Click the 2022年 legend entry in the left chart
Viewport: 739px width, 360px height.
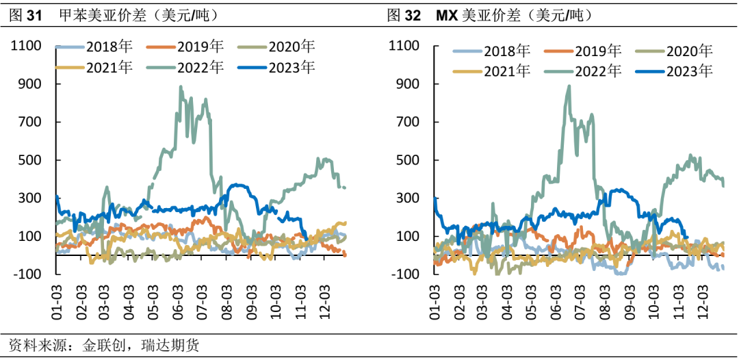[x=200, y=67]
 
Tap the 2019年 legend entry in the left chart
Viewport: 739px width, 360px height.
[x=200, y=47]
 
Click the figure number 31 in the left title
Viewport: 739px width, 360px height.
[x=34, y=14]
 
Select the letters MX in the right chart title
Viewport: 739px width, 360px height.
[x=448, y=14]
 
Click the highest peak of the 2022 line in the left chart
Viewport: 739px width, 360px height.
[x=181, y=87]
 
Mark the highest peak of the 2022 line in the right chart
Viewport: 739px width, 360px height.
[x=569, y=86]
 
